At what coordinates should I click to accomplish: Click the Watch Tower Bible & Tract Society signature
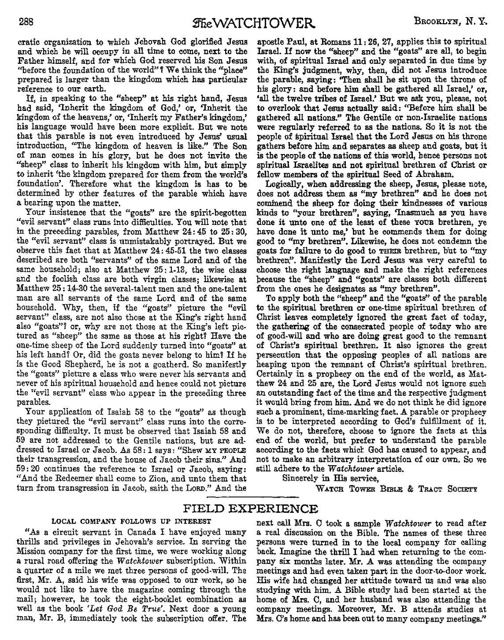click(396, 489)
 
